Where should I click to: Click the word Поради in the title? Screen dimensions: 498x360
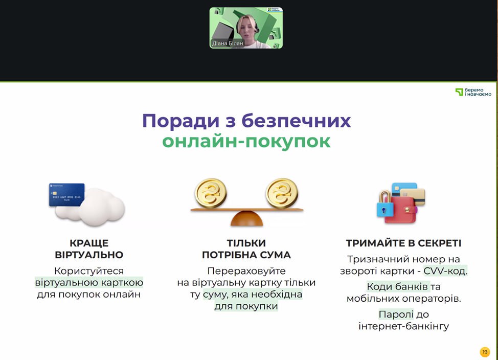point(180,121)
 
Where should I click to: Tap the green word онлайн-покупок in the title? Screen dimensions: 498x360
point(246,142)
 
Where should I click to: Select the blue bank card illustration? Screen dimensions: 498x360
point(66,195)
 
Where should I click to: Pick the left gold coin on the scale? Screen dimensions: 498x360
point(211,193)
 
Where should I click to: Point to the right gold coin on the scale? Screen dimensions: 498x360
point(282,193)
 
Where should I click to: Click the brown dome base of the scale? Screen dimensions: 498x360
point(247,218)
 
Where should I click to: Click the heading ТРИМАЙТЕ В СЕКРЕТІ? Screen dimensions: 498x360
point(403,243)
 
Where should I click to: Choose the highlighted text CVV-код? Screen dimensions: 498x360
point(445,271)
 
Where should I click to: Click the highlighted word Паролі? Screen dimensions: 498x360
point(396,314)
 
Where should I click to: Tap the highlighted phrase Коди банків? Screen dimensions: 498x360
point(398,286)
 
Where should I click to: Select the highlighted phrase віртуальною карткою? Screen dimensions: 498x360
point(89,283)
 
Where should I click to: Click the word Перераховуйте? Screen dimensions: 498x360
point(246,271)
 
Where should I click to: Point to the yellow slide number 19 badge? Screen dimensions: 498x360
point(485,352)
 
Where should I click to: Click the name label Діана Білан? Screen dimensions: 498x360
point(228,43)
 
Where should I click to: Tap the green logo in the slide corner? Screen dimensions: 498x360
point(473,92)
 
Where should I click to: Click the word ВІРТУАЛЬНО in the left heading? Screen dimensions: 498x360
point(89,255)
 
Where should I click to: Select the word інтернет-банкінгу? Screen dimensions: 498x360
point(404,326)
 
